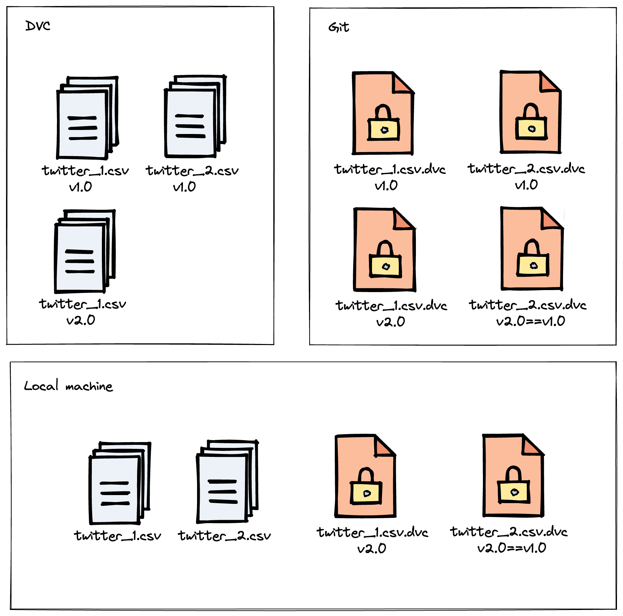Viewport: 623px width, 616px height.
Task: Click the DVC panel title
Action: [x=38, y=26]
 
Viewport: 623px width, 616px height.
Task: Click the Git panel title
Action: [x=338, y=27]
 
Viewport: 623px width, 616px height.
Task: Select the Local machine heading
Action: [x=68, y=386]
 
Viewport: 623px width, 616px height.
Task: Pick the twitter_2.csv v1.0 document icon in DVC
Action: [x=194, y=117]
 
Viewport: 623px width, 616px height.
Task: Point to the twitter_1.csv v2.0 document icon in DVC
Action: [x=84, y=251]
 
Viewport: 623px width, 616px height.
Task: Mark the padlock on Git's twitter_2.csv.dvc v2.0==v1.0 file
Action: [x=533, y=260]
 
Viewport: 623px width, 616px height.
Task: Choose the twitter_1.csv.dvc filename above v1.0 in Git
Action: [x=390, y=169]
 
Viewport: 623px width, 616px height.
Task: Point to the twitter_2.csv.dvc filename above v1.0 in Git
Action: [x=526, y=169]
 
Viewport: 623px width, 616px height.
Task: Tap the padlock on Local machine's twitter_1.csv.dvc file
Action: [x=366, y=487]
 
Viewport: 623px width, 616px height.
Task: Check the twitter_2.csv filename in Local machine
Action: [x=224, y=536]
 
